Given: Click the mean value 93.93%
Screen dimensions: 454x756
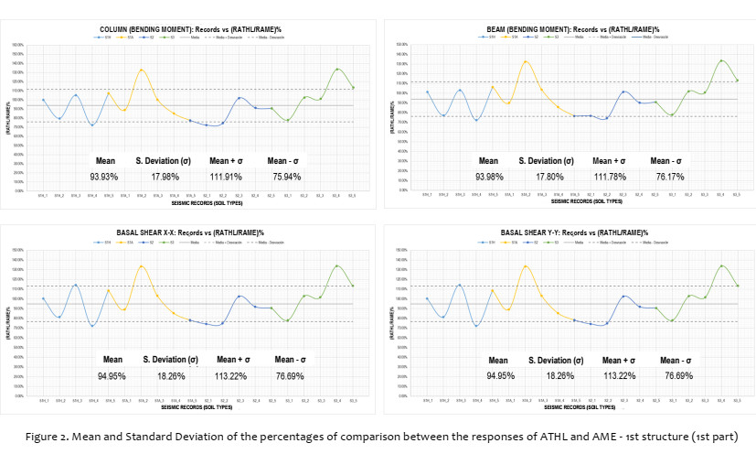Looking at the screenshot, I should [103, 177].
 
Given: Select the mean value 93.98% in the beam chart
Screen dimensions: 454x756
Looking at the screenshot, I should [489, 176].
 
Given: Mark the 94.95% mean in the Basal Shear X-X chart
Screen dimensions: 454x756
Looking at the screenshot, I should [112, 375].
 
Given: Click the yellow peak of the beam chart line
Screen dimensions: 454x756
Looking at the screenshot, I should [526, 61].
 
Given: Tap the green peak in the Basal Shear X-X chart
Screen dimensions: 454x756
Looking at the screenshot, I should [337, 265].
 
